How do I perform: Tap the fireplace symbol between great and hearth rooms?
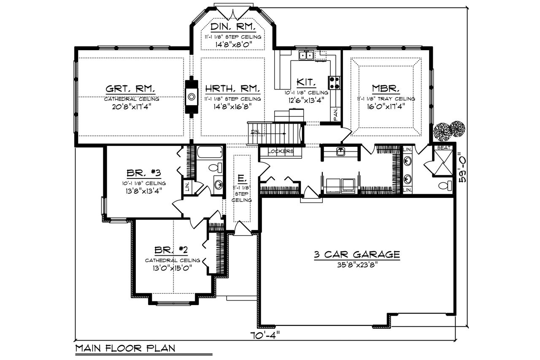click(192, 97)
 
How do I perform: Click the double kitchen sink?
click(306, 55)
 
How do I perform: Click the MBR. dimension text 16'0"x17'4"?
click(383, 106)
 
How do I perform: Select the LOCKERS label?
click(280, 151)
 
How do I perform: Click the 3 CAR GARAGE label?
click(356, 254)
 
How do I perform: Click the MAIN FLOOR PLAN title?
click(125, 349)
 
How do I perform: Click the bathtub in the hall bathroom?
click(210, 152)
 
